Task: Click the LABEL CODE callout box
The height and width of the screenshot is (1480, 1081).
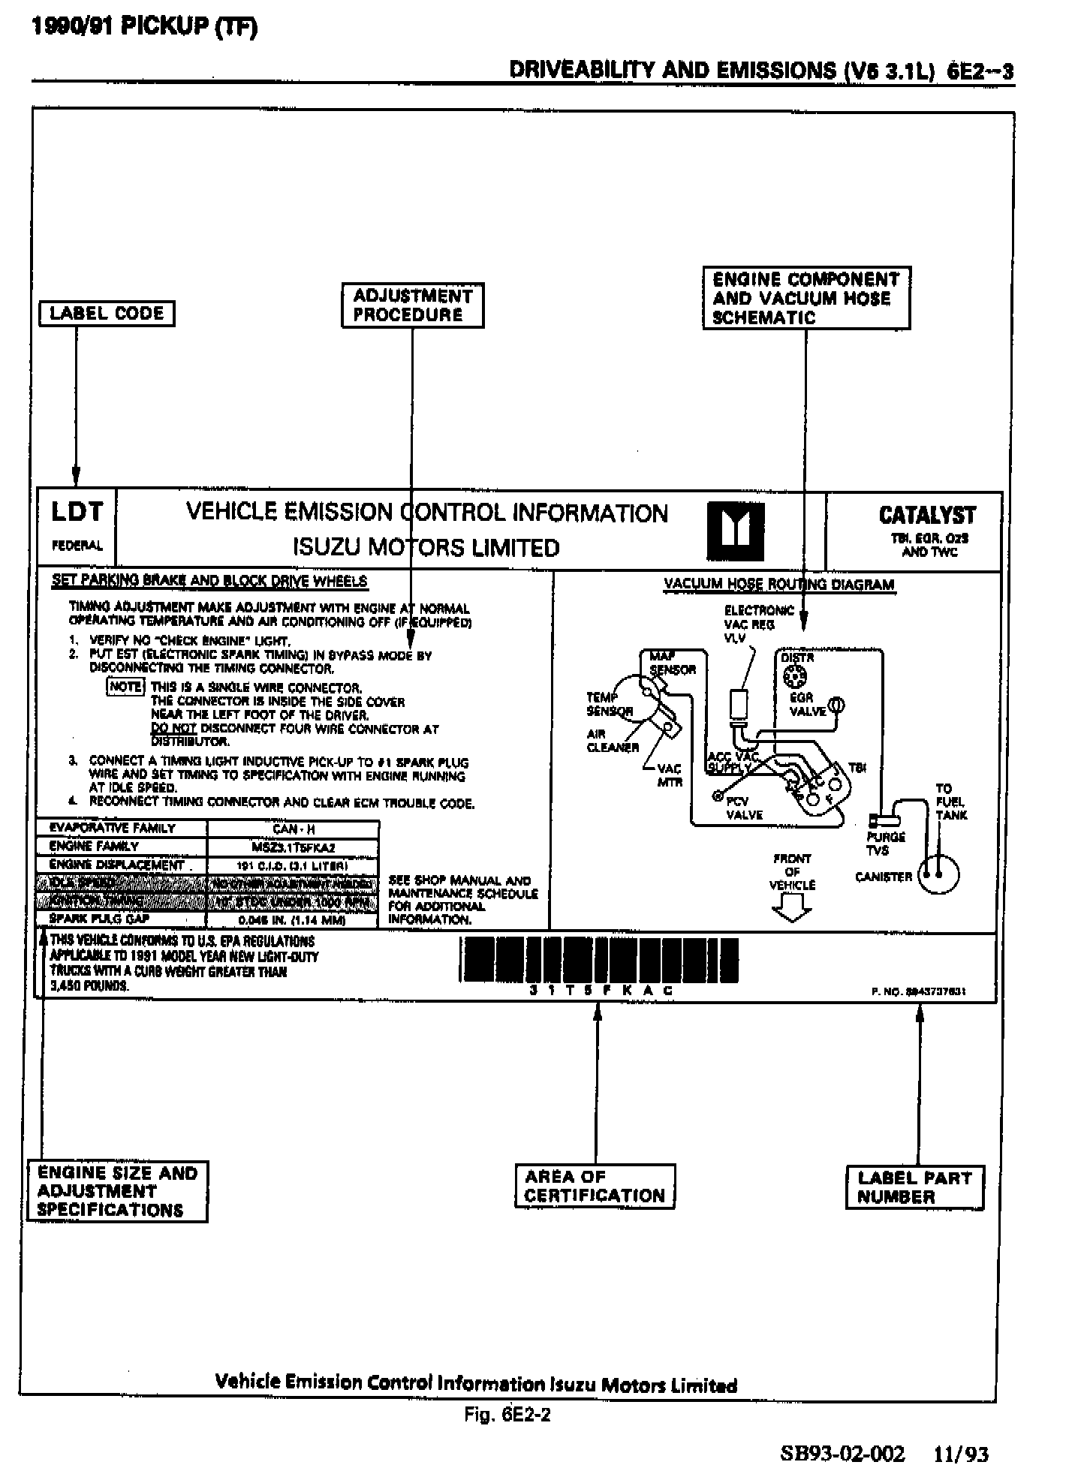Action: coord(107,314)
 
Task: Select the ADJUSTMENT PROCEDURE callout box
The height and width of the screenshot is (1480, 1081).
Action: coord(412,305)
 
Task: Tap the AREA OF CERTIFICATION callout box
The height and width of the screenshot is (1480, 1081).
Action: coord(595,1186)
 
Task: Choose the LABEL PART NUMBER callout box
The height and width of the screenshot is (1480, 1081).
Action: coord(914,1187)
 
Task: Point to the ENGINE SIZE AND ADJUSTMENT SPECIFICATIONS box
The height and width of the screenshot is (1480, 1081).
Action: coord(117,1191)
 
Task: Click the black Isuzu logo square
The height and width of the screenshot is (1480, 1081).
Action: coord(736,532)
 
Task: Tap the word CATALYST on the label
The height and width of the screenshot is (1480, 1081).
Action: coord(927,516)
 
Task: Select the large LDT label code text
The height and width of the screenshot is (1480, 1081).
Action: coord(77,513)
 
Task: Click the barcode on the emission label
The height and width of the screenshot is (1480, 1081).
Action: coord(598,960)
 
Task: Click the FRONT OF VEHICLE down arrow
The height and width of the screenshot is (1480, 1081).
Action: coord(792,910)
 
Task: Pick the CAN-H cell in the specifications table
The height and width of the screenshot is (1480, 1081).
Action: coord(293,829)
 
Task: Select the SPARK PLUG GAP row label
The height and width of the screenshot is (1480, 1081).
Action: coord(99,919)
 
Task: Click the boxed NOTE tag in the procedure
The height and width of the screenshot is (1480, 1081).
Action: coord(125,687)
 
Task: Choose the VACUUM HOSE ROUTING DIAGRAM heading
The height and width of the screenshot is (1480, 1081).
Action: coord(778,585)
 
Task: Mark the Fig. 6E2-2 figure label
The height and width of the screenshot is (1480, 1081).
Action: coord(507,1415)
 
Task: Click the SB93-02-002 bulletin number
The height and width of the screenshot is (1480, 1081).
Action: coord(842,1454)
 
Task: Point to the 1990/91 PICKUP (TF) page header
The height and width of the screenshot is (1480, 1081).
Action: coord(144,27)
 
